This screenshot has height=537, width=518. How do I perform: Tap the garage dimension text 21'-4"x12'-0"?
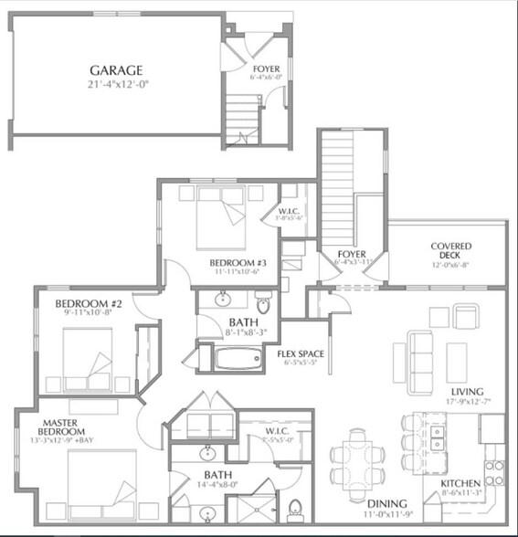click(x=119, y=85)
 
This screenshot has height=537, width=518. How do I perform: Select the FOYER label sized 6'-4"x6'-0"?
click(x=266, y=68)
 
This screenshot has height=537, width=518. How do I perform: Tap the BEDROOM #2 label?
click(x=82, y=304)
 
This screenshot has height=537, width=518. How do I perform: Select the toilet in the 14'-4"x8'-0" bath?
click(x=295, y=507)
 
